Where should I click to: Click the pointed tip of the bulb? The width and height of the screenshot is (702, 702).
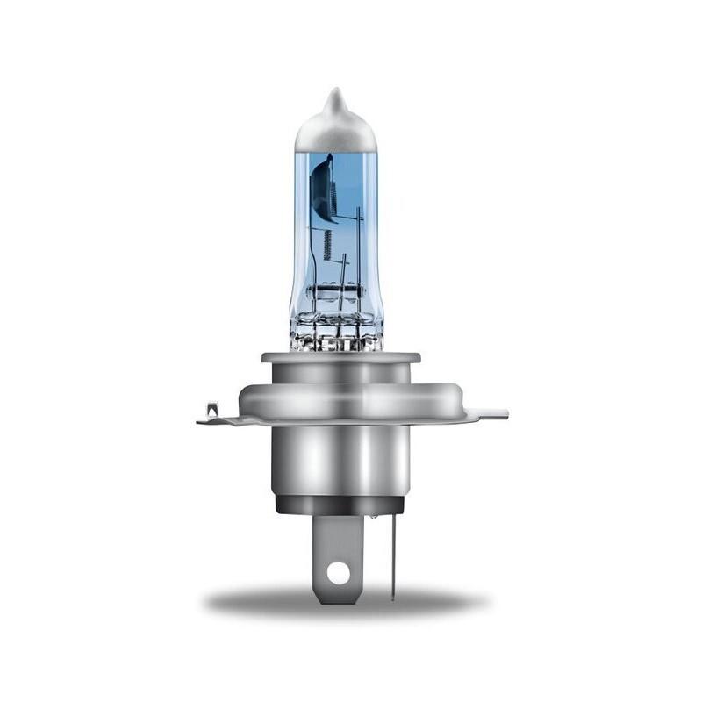tap(334, 91)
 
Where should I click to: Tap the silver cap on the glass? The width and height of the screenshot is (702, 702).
tap(335, 132)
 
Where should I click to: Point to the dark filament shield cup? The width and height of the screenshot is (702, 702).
tap(324, 187)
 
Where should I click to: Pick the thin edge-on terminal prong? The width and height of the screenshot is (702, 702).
tap(392, 553)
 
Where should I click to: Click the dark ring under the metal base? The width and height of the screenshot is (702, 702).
tap(339, 505)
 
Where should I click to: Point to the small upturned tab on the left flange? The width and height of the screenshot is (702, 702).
tap(211, 408)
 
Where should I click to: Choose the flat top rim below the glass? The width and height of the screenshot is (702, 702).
tap(340, 357)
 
